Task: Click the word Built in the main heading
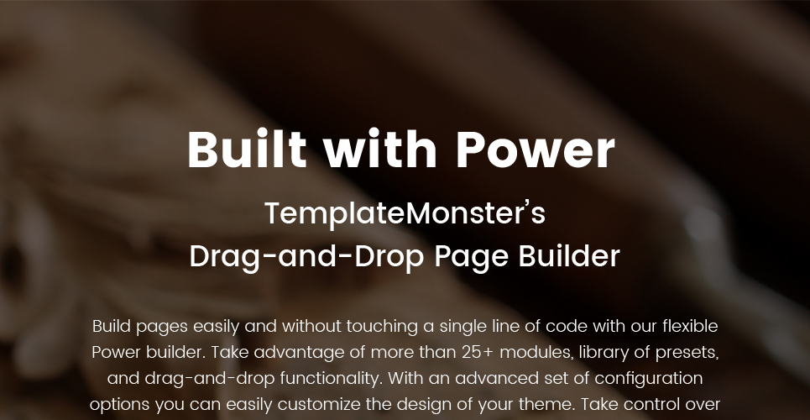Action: [248, 149]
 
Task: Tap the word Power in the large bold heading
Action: [536, 149]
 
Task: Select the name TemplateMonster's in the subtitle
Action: [405, 213]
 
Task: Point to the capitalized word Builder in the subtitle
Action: [569, 256]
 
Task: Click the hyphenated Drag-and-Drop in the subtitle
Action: [307, 257]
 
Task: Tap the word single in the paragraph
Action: [462, 327]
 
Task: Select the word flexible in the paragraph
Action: [690, 327]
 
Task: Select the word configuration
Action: [648, 379]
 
